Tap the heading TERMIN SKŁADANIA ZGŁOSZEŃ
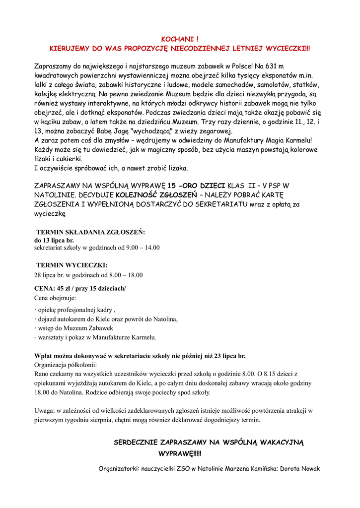90,232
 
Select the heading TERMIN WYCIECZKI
72,265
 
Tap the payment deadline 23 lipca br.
228,356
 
